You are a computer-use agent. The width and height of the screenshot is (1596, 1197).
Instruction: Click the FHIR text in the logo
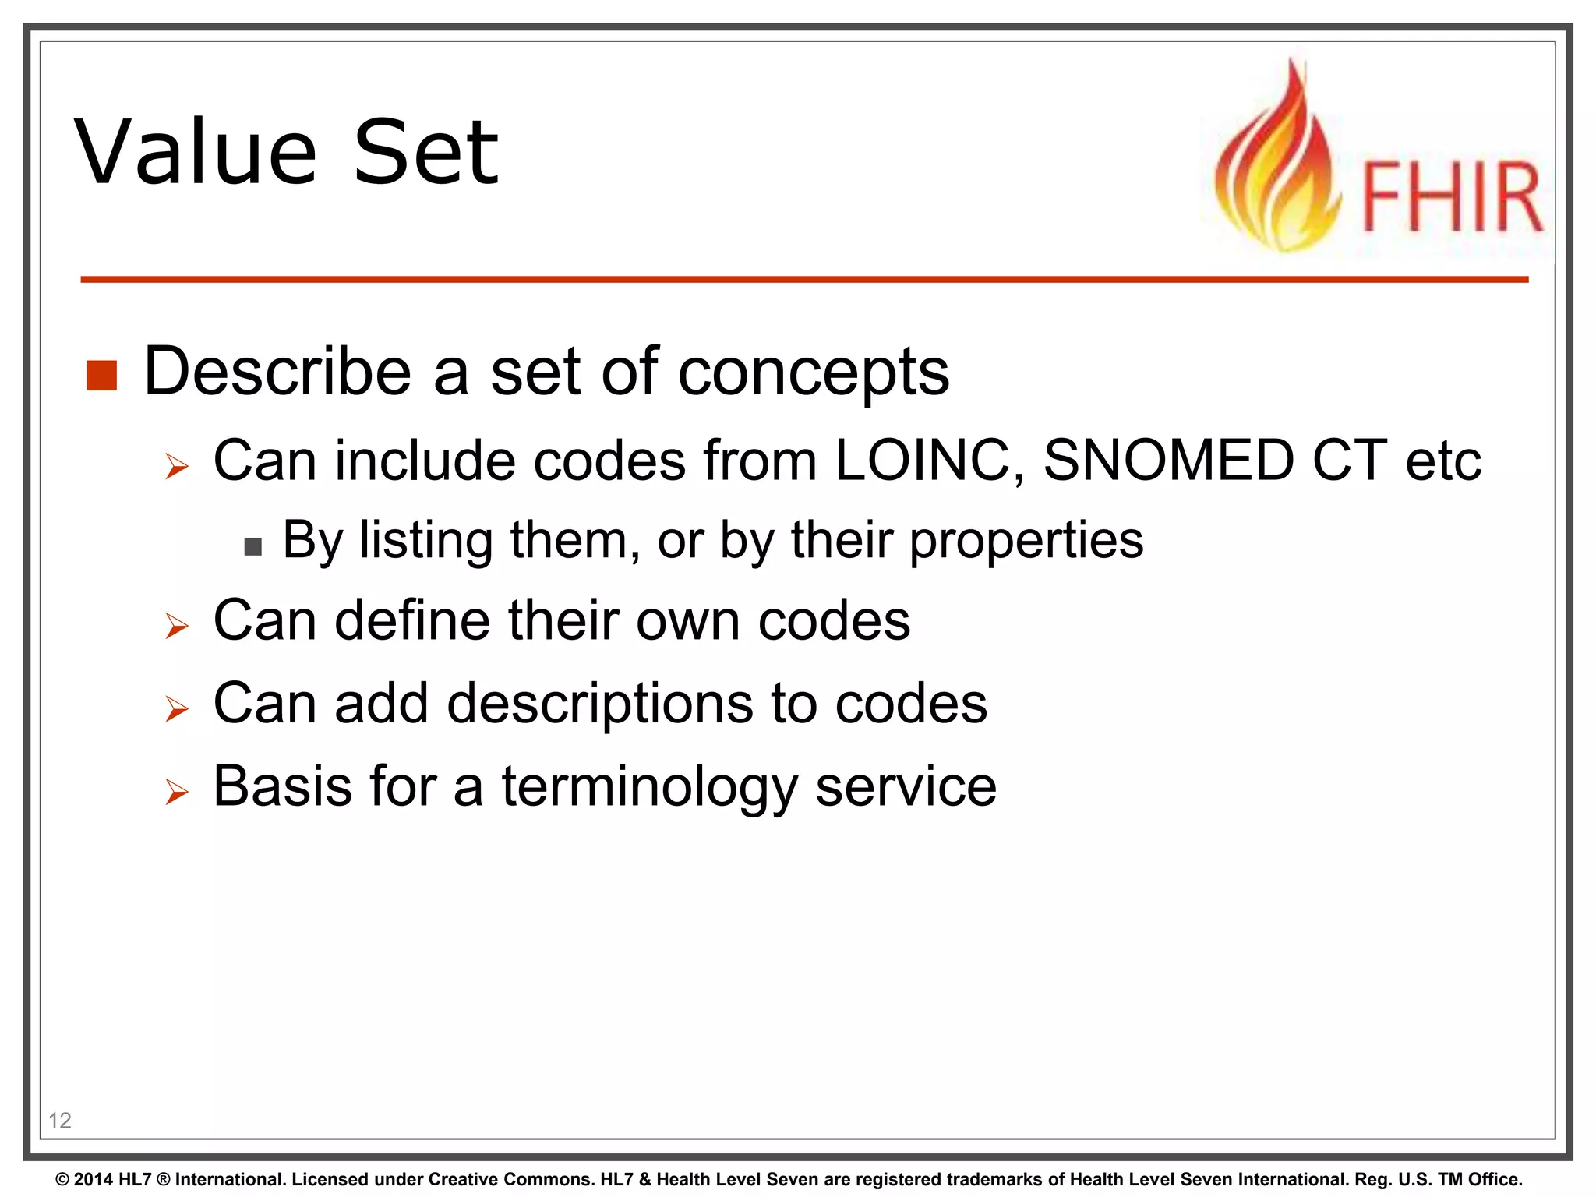click(1451, 196)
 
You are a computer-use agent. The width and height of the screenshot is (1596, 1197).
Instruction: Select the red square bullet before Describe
click(101, 376)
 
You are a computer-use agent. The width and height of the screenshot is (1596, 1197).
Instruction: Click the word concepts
click(813, 373)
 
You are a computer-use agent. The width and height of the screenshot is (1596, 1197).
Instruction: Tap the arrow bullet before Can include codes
click(178, 467)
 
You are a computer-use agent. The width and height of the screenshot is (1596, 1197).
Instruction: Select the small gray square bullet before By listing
click(252, 546)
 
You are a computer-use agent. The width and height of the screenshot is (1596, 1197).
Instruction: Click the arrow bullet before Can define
click(178, 626)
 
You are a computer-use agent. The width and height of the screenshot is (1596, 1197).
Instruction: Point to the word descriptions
click(599, 704)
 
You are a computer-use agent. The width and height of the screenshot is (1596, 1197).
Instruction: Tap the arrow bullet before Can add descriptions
click(178, 709)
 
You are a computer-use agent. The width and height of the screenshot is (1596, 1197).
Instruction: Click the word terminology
click(649, 787)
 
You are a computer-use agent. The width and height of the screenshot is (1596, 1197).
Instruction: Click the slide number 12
click(60, 1121)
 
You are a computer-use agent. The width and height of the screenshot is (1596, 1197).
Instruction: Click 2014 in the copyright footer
click(94, 1179)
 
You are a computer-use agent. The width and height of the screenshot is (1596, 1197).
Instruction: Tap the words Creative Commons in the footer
click(510, 1179)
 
